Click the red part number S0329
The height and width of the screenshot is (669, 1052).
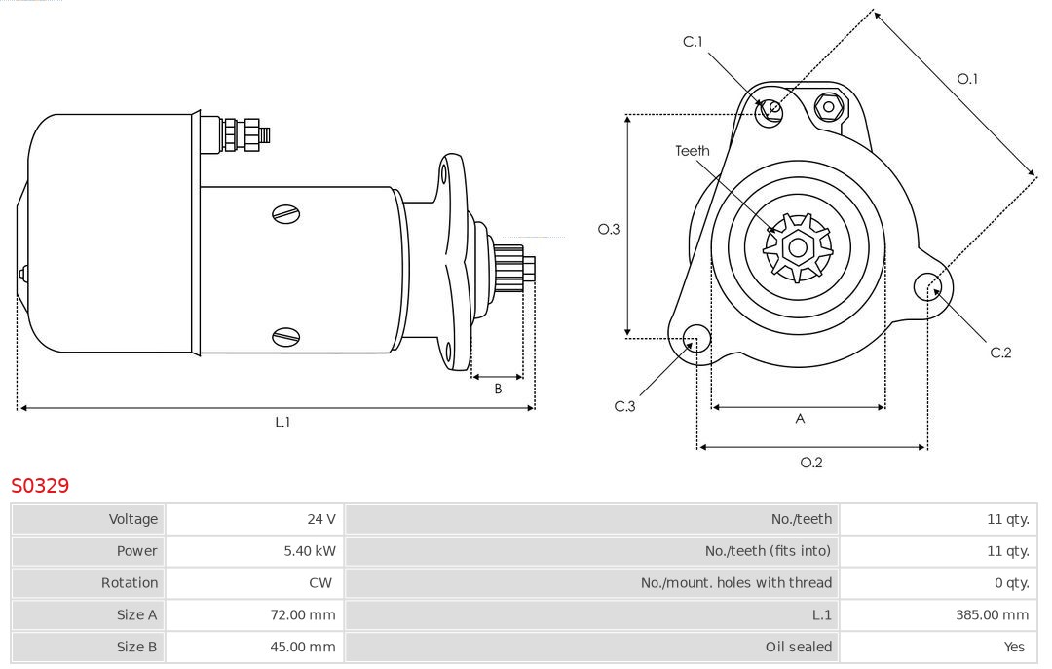[x=40, y=485]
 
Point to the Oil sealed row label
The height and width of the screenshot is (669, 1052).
[x=799, y=647]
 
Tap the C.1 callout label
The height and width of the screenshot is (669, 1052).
[x=693, y=42]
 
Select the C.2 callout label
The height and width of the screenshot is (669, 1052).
[x=1000, y=353]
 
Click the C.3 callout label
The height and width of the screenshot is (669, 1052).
[x=624, y=406]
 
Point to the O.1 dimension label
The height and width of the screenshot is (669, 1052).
[x=967, y=79]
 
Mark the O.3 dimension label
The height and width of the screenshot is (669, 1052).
[x=609, y=229]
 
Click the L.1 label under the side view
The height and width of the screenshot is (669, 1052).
[x=282, y=422]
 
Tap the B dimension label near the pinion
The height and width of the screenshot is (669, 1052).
[x=498, y=389]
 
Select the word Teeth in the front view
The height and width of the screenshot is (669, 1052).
[x=693, y=151]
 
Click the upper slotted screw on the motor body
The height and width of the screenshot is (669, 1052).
[x=286, y=213]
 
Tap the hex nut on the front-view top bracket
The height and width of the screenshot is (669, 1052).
[x=829, y=106]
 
